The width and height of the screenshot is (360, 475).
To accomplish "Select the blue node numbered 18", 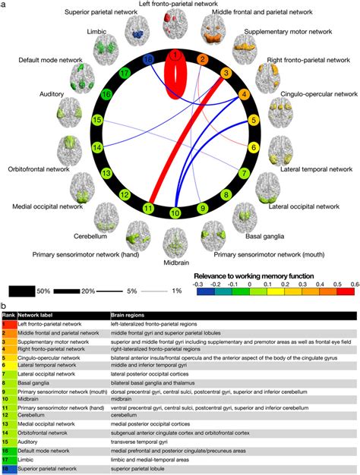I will point(149,58).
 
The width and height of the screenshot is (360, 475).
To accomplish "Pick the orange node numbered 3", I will point(226,74).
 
